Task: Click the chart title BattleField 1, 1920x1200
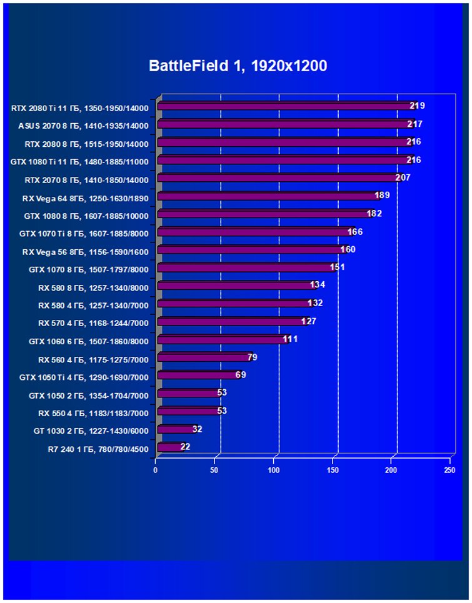(x=238, y=66)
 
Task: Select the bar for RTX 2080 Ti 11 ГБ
(x=284, y=107)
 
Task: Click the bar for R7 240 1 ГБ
(x=170, y=447)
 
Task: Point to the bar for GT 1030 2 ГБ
(x=176, y=429)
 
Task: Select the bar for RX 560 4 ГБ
(x=204, y=358)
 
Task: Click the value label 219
(x=417, y=106)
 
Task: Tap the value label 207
(x=403, y=178)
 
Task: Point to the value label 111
(x=290, y=339)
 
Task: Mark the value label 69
(x=241, y=375)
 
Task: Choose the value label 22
(x=185, y=447)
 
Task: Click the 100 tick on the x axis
(x=274, y=469)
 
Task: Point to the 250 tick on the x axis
(x=449, y=469)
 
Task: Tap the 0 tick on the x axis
(x=156, y=469)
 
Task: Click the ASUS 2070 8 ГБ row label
(x=84, y=126)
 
